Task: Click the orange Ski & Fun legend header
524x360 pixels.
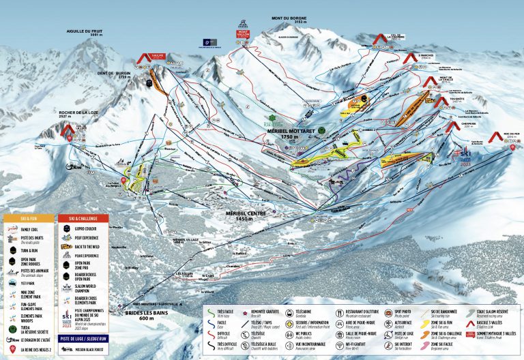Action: (x=29, y=218)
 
